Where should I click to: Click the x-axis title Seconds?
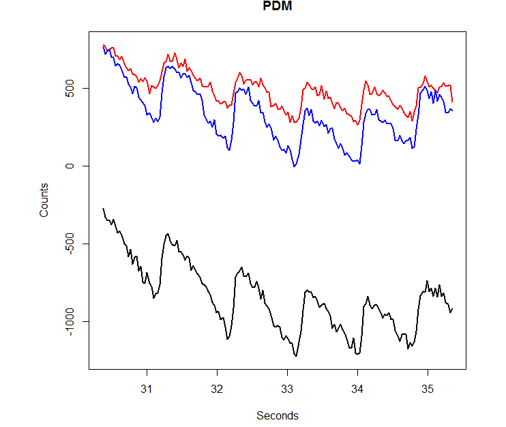[278, 415]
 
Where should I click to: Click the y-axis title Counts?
[44, 200]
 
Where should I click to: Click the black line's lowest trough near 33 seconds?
[296, 355]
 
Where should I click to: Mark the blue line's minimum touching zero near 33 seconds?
[294, 166]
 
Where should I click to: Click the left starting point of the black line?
[103, 208]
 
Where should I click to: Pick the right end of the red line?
[452, 102]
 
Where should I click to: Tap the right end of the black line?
[452, 309]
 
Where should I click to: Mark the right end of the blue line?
[452, 111]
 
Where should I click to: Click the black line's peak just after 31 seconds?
[168, 234]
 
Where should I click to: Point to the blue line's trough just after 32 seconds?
[228, 149]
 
